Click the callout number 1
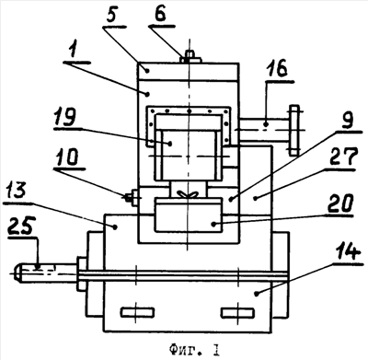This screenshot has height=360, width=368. coord(73,50)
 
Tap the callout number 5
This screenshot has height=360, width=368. coord(112,15)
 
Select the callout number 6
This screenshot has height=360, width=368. coord(160,14)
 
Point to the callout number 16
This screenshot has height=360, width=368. coord(279,69)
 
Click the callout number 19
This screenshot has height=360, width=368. coord(65,116)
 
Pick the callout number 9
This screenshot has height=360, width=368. coord(346,120)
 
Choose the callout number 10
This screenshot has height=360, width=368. coord(67,157)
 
